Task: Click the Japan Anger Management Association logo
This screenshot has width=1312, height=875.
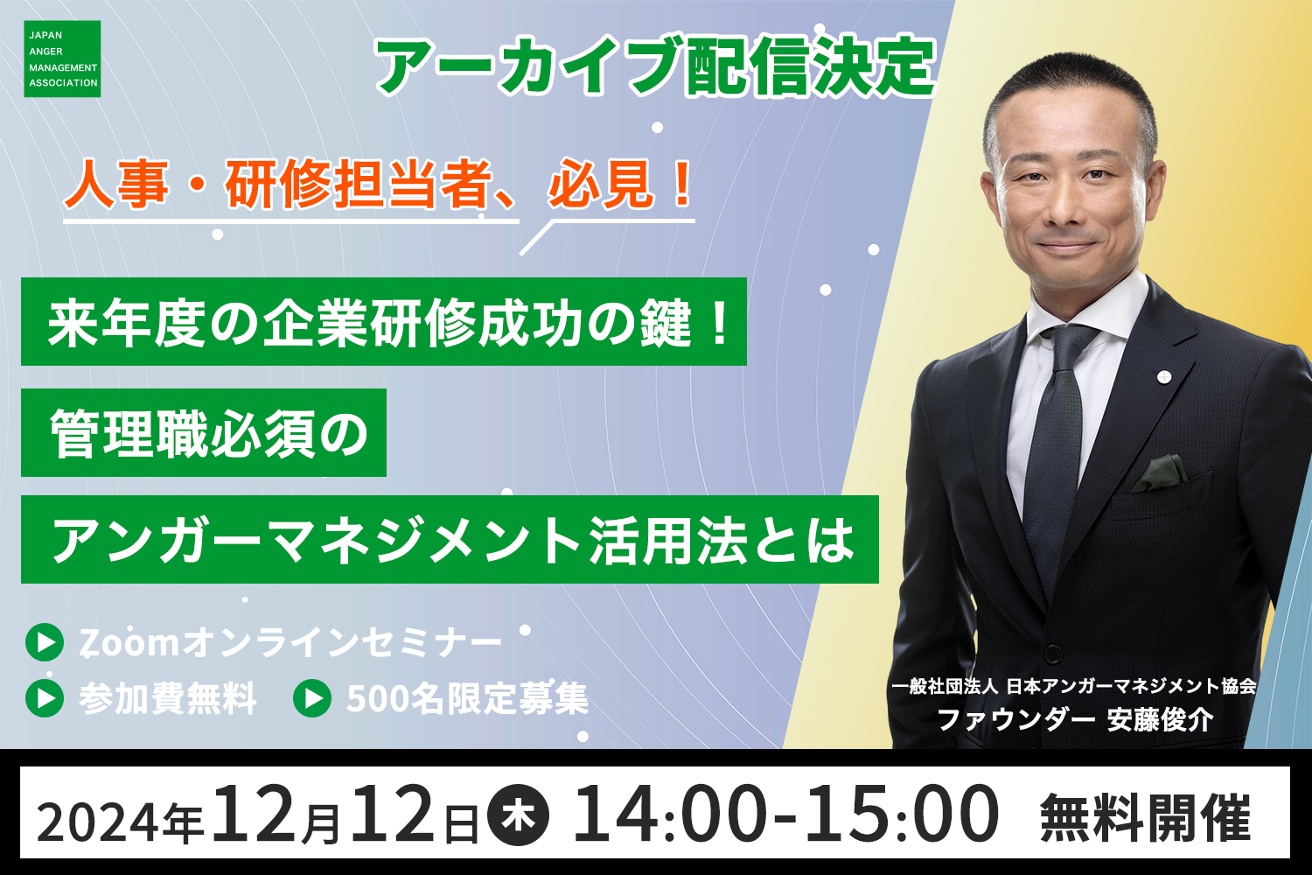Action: point(62,59)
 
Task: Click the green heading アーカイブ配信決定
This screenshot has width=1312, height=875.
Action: point(655,66)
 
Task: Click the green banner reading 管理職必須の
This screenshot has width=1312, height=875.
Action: point(204,432)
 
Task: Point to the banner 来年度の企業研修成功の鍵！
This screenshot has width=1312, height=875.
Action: point(384,322)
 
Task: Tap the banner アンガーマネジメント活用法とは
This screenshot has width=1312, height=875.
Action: point(450,539)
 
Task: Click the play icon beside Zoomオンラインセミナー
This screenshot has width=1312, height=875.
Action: point(45,642)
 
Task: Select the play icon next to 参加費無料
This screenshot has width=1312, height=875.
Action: point(45,698)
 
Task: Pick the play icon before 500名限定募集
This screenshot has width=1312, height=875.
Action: point(312,698)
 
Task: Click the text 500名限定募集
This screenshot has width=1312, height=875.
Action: point(467,698)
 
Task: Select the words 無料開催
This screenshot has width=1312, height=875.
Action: point(1145,818)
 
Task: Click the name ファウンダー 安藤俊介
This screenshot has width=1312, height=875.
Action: point(1075,719)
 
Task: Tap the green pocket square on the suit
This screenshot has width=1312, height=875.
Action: point(1159,472)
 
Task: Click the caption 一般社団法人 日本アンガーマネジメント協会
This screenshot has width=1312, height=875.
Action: point(1074,686)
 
